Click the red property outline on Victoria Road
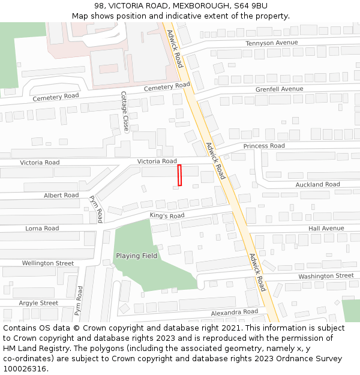[x=179, y=175]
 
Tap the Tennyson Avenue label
[x=272, y=43]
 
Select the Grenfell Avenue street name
[x=279, y=89]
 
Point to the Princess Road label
[x=264, y=146]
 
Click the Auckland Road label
[x=317, y=184]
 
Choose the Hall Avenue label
[x=326, y=229]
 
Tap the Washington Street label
[x=326, y=276]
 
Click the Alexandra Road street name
[x=234, y=313]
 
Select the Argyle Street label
[x=38, y=303]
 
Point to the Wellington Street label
[x=48, y=263]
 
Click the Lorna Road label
[x=42, y=229]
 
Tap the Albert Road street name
[x=61, y=196]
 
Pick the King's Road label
[x=167, y=216]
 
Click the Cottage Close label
[x=125, y=112]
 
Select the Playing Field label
[x=137, y=256]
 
